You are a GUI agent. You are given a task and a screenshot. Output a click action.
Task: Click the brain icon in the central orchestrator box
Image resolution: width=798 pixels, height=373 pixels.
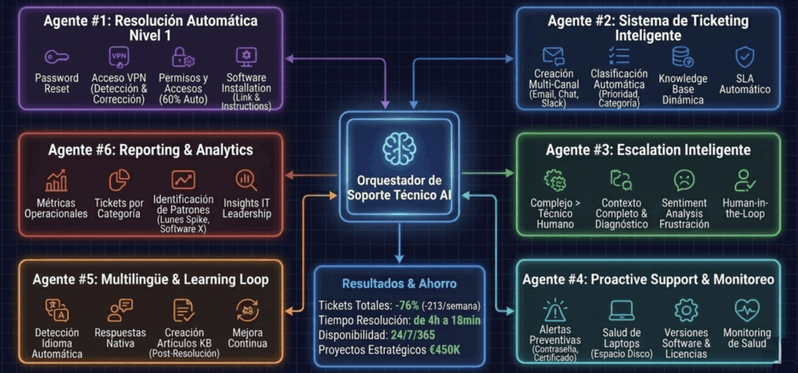click(398, 147)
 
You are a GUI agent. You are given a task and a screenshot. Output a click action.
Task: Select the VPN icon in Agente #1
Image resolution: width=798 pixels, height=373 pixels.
click(118, 57)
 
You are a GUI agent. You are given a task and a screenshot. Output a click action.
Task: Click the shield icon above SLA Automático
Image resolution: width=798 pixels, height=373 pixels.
click(745, 57)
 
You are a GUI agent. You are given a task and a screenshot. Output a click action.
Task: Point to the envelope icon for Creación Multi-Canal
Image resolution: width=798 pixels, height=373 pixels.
click(553, 56)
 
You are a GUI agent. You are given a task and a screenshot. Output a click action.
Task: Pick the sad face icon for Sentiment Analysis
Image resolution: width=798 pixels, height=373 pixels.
click(683, 180)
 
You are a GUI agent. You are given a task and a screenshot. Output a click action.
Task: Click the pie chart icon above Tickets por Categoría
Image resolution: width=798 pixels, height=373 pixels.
click(119, 180)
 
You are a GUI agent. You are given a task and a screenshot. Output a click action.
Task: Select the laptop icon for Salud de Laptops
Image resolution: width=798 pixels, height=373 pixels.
click(621, 309)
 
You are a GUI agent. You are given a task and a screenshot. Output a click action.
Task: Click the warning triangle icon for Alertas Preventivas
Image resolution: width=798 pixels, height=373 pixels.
click(555, 309)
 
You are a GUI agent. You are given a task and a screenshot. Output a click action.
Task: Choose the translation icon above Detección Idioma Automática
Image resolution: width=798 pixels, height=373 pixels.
click(57, 310)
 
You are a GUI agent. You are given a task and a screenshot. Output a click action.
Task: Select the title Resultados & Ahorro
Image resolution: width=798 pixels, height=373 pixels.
click(399, 283)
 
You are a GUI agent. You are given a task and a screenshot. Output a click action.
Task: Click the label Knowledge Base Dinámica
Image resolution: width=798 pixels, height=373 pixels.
click(683, 90)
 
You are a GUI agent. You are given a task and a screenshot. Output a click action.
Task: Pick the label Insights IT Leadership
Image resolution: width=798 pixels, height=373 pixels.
click(246, 208)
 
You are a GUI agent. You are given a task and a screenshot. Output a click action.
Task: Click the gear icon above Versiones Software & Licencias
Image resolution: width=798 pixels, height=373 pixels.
click(686, 309)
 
